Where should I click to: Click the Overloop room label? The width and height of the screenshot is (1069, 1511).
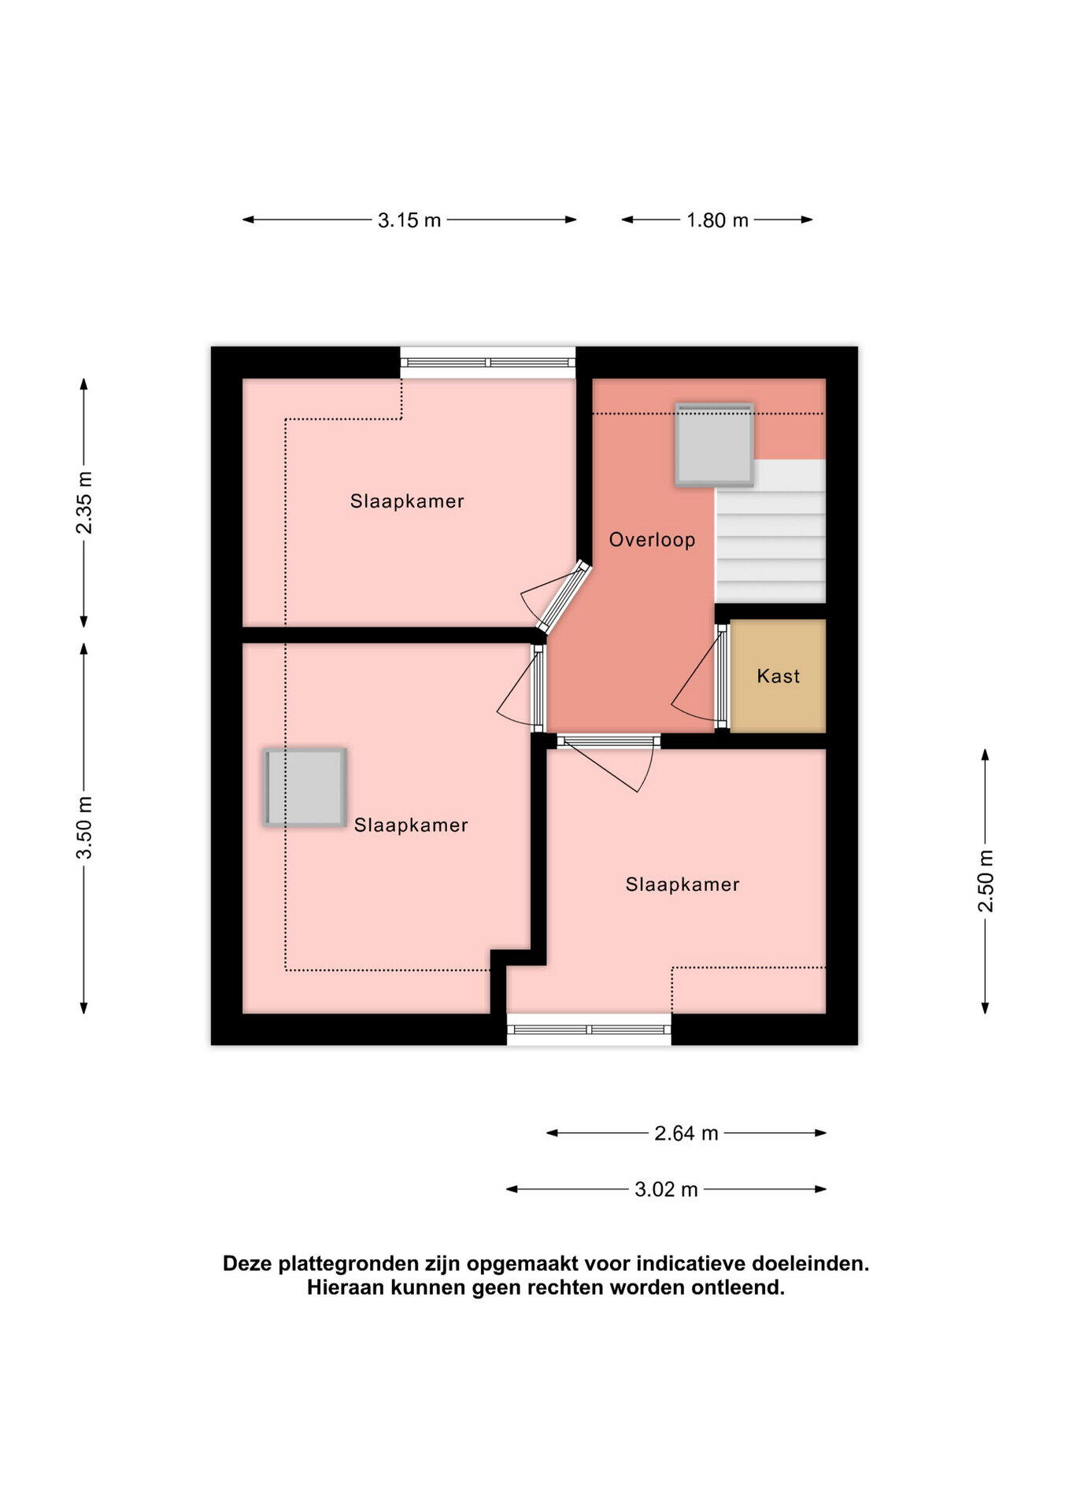pos(652,540)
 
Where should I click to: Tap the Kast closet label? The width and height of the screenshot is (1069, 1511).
pos(778,676)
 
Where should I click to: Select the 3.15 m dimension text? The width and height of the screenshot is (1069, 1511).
pos(409,220)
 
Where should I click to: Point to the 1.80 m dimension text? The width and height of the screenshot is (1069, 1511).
pos(717,220)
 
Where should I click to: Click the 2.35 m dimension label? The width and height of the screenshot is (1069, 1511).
pos(84,503)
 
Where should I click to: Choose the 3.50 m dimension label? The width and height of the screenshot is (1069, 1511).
pos(84,828)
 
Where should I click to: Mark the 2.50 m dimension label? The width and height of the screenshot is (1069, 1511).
pos(986,881)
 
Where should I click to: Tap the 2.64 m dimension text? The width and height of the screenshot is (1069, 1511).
pos(686,1133)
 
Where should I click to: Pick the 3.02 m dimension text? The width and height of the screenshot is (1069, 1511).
pos(667,1189)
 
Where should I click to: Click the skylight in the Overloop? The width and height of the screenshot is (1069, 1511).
pos(714,445)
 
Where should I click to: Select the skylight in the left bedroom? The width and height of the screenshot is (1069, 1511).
pos(305,787)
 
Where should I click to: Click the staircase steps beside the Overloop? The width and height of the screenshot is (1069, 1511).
pos(770,531)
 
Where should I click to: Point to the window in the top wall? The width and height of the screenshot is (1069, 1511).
pos(488,363)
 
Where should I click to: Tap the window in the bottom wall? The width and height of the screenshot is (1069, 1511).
pos(589,1029)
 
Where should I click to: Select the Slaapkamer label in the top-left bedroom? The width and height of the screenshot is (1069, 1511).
pos(407,501)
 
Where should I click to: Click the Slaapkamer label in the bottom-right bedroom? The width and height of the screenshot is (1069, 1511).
pos(682,885)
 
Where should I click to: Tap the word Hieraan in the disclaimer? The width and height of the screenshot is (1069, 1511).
pos(344,1287)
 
